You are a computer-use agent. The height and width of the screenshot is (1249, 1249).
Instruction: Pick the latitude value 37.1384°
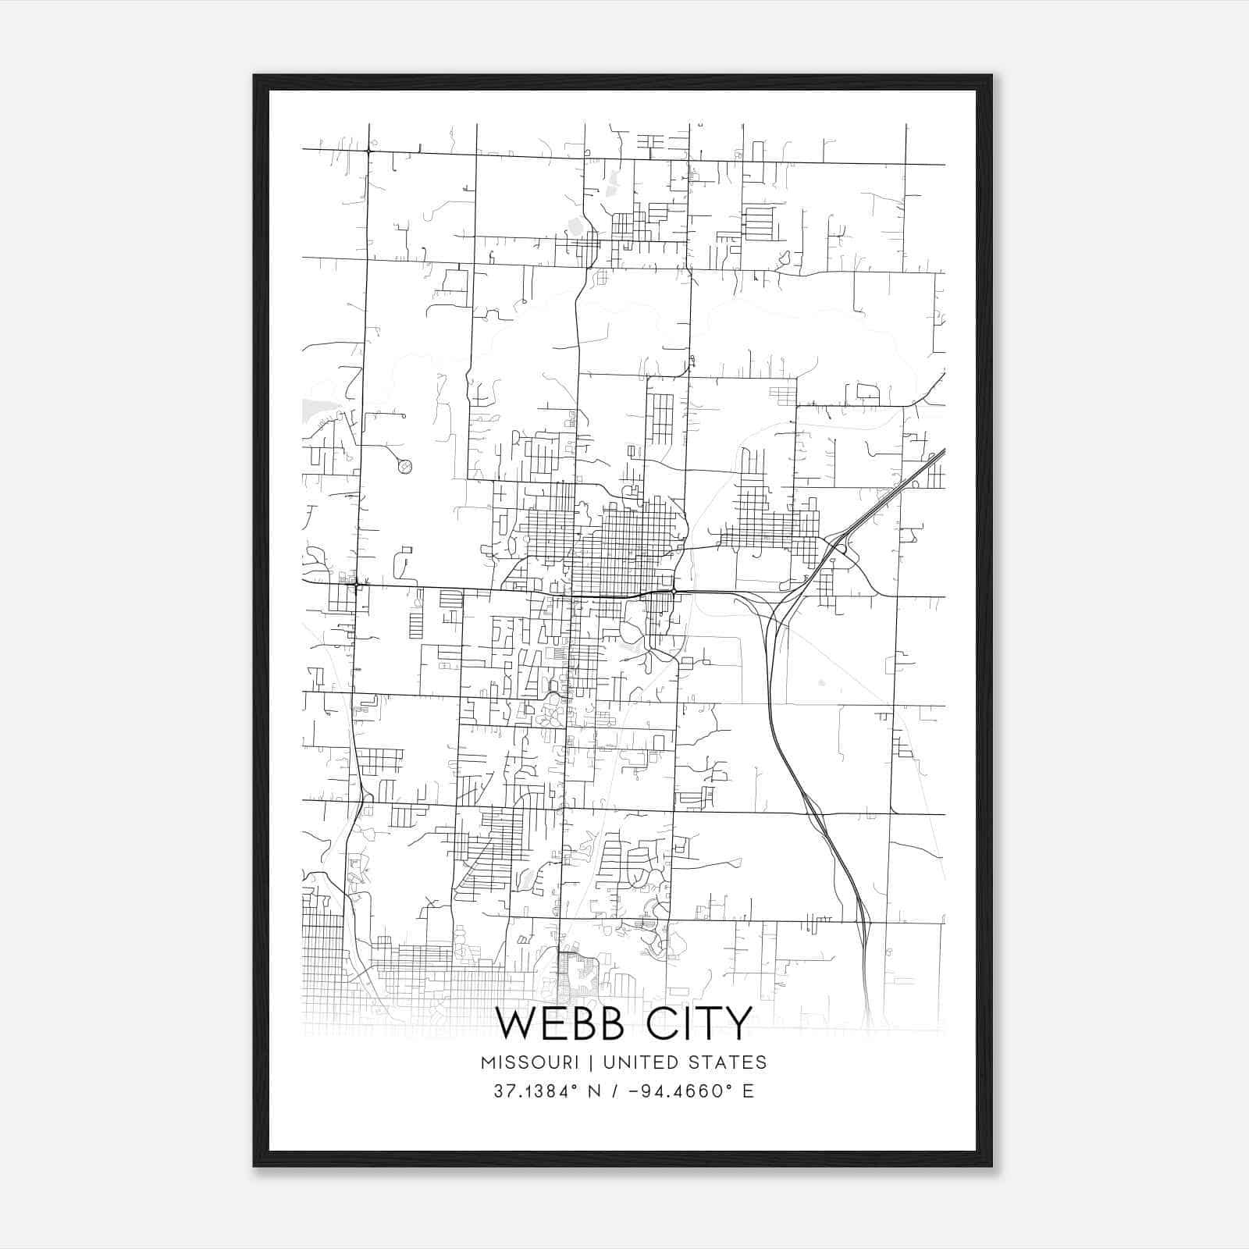[x=536, y=1091]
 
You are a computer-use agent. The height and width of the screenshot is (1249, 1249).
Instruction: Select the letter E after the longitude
[x=749, y=1091]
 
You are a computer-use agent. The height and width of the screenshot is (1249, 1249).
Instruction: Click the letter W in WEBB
[x=517, y=1023]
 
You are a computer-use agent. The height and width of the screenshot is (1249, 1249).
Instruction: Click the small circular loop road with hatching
[x=404, y=467]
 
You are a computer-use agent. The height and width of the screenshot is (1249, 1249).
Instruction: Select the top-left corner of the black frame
[x=255, y=77]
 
